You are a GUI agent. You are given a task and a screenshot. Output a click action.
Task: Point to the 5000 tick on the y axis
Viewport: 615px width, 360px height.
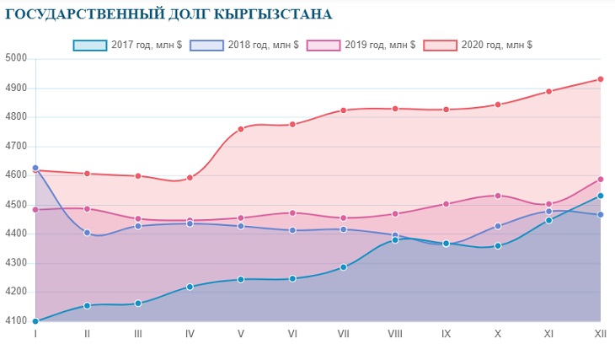pos(17,58)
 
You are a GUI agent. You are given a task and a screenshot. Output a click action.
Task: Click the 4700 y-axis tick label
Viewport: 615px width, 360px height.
pos(17,146)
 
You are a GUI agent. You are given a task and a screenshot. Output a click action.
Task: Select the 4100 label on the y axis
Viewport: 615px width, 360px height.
pos(17,321)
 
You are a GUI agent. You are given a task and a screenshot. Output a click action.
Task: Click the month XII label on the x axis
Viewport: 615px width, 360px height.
pos(601,334)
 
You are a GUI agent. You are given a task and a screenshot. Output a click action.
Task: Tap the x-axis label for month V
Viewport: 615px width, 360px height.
pos(241,334)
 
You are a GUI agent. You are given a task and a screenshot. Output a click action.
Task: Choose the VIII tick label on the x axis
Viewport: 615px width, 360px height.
pos(395,334)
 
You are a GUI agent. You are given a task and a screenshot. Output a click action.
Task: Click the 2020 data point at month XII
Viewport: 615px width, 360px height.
pos(601,79)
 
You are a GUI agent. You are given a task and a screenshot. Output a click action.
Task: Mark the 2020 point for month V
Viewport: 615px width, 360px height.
pos(241,129)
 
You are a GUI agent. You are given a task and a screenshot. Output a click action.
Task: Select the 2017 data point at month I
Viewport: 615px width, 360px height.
pos(35,321)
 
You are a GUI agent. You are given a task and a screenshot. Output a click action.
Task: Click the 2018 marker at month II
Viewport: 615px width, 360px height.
pos(87,233)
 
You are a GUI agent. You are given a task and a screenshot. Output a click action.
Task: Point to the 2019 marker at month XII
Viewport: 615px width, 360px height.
pos(601,179)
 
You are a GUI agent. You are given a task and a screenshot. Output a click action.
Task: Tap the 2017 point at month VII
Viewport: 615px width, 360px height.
pos(344,267)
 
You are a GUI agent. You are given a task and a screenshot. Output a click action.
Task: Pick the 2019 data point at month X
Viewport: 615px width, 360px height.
pos(498,196)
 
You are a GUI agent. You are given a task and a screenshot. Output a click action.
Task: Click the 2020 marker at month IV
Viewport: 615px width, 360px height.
pos(190,178)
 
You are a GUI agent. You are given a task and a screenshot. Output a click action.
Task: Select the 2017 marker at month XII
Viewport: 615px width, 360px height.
pos(601,196)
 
